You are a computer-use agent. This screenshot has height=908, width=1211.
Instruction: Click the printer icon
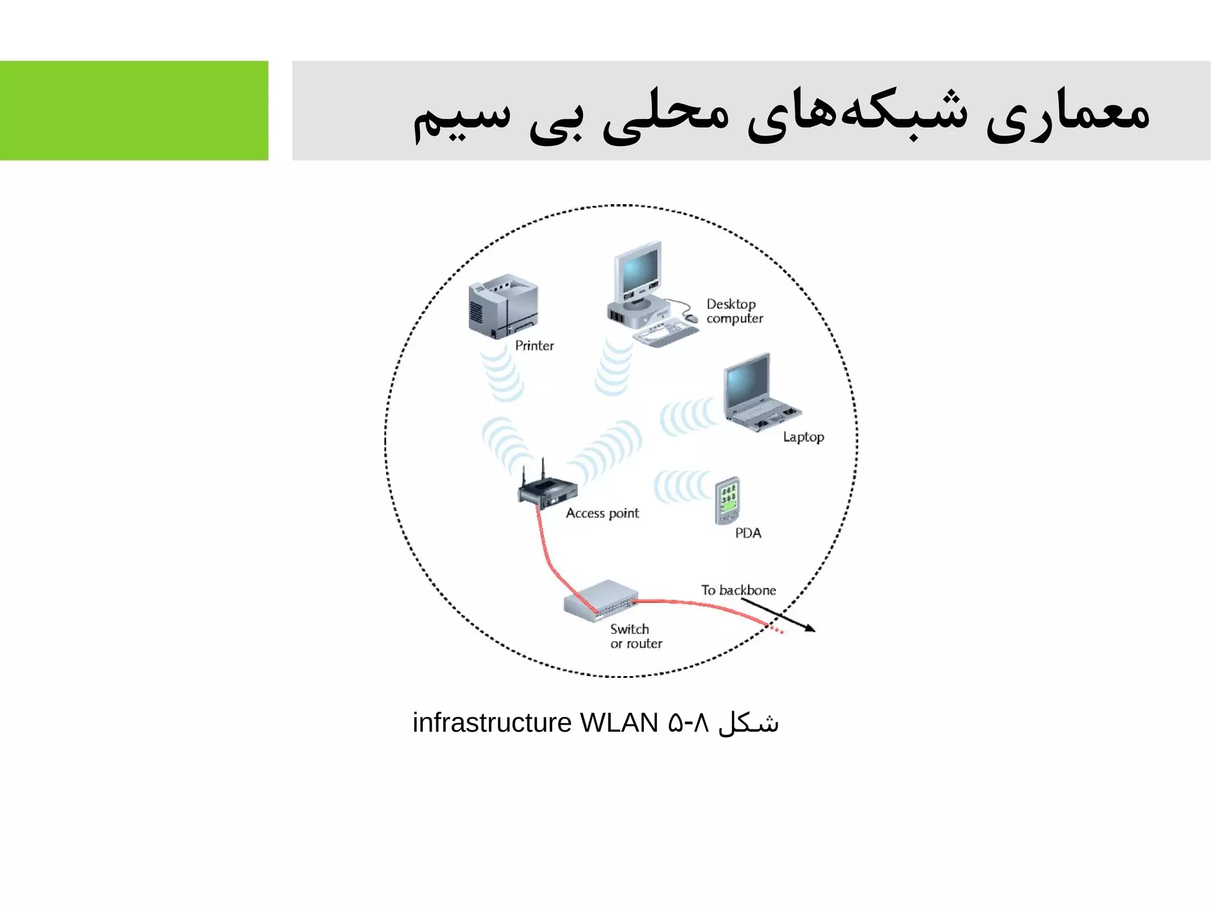click(x=503, y=306)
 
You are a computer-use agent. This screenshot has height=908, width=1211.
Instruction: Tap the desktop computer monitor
click(x=638, y=272)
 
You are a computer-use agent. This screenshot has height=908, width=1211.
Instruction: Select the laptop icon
click(x=759, y=393)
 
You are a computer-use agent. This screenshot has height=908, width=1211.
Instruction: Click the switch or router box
click(x=601, y=600)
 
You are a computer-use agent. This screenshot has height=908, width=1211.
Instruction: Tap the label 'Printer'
click(x=534, y=346)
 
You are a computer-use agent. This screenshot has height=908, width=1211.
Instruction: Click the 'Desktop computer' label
click(x=734, y=311)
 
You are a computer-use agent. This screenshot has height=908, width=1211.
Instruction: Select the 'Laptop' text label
click(x=803, y=437)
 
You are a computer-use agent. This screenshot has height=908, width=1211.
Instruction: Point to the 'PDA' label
click(x=748, y=533)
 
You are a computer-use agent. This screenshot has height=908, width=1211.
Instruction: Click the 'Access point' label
click(x=602, y=513)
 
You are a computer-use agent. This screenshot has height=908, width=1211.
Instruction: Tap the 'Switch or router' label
click(x=636, y=636)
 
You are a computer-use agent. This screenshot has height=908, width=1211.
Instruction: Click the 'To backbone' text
click(x=738, y=590)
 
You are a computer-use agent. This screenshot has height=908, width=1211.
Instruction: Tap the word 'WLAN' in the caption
click(x=619, y=723)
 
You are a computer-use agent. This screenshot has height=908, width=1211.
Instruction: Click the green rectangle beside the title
click(x=134, y=111)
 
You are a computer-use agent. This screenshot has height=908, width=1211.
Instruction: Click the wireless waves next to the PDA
click(x=682, y=487)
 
